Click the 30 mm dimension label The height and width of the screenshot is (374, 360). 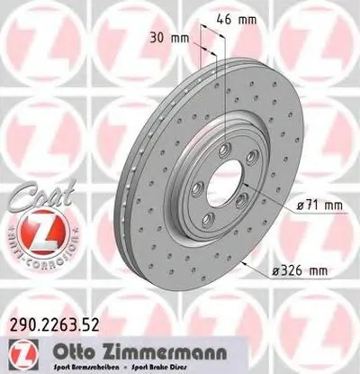[x=169, y=40]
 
